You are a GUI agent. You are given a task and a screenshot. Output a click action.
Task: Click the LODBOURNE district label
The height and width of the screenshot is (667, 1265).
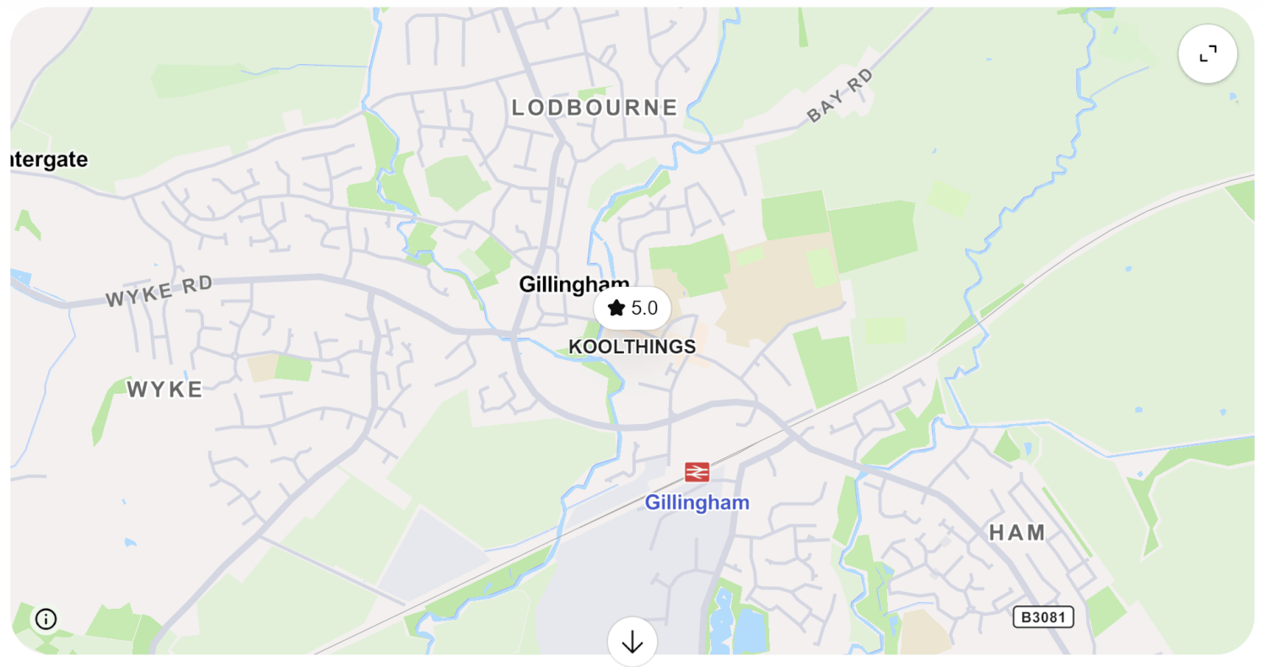point(595,108)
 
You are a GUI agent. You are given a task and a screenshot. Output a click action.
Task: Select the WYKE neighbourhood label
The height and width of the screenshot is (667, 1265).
point(165,389)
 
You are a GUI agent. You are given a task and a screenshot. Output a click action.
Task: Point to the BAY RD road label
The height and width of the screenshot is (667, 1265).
point(840,96)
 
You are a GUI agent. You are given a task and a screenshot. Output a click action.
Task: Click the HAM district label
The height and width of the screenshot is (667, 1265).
point(1017,532)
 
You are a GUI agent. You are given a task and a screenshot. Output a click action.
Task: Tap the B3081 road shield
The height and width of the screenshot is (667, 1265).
point(1043,617)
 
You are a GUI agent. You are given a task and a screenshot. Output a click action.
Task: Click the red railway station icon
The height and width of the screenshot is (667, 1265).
point(697,472)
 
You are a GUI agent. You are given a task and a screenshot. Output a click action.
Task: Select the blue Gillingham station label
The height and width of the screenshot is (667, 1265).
point(697,503)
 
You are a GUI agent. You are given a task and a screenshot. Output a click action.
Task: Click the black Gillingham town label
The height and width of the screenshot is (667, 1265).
point(573,284)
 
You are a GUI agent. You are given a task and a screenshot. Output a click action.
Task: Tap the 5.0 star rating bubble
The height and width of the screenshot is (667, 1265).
point(632,308)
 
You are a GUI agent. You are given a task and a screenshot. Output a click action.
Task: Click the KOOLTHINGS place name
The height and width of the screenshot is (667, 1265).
point(632,347)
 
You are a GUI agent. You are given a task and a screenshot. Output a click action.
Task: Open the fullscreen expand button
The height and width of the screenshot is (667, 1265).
point(1208,54)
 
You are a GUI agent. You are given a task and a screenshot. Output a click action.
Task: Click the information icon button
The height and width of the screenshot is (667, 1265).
point(46,619)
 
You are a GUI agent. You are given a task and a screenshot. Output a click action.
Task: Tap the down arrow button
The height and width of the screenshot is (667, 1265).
point(632,643)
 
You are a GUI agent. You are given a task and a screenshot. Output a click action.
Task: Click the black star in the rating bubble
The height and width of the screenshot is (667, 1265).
point(616,308)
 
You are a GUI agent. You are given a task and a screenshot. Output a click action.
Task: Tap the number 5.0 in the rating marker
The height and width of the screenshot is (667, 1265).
point(644,308)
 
